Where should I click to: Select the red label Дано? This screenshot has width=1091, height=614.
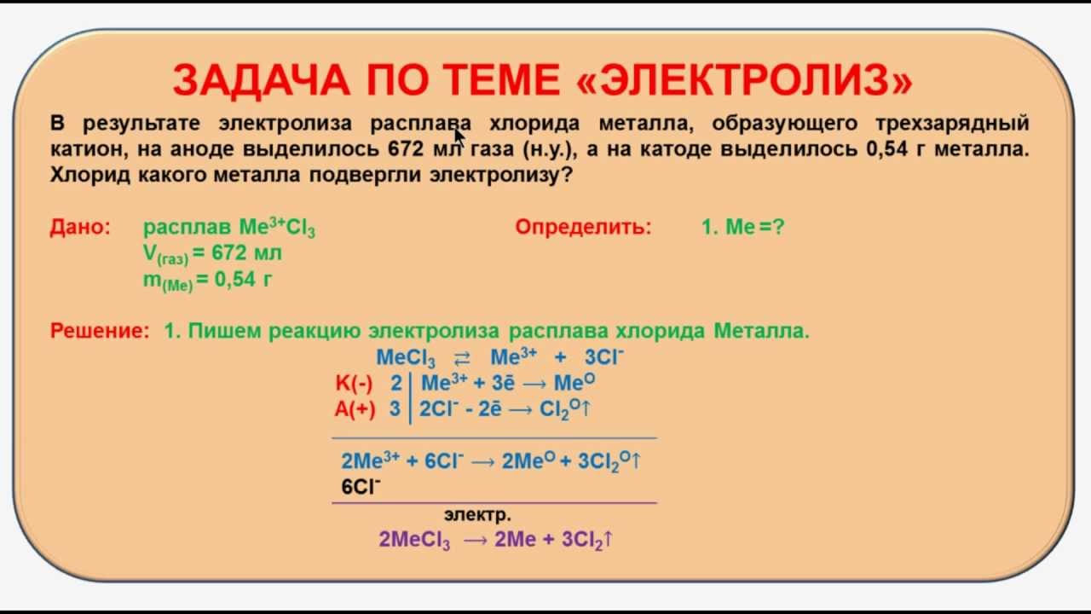[80, 228]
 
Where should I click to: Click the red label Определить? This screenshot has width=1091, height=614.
[583, 228]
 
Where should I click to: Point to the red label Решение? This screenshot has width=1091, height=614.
[100, 331]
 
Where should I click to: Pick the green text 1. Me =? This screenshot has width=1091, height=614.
[742, 228]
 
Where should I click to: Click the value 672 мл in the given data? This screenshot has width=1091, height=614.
[249, 253]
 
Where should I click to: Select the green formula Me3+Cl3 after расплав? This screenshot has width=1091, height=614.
[277, 228]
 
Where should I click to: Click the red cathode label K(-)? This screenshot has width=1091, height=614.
[354, 383]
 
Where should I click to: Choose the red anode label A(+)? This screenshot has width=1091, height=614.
[354, 408]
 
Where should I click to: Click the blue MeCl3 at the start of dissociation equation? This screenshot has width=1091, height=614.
[406, 357]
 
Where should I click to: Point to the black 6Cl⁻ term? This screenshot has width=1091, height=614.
[361, 487]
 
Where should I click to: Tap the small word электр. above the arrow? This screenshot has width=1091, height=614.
[477, 515]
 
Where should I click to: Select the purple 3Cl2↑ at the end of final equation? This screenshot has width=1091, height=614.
[588, 540]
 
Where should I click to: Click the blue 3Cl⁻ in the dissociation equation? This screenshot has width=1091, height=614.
[603, 357]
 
